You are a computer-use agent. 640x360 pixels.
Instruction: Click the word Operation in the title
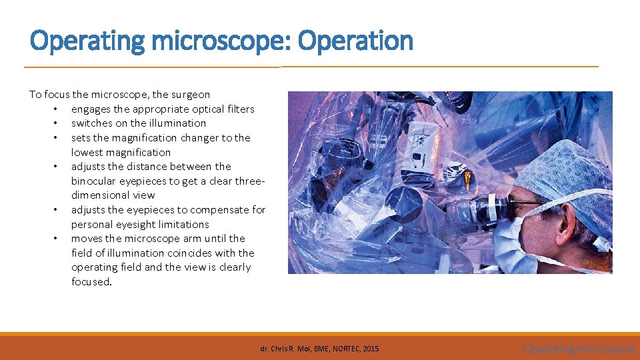point(355,41)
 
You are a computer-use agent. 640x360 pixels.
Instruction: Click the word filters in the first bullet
point(238,109)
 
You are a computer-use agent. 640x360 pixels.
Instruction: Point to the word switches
point(91,123)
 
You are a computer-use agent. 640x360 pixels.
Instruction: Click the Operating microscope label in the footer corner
point(578,349)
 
